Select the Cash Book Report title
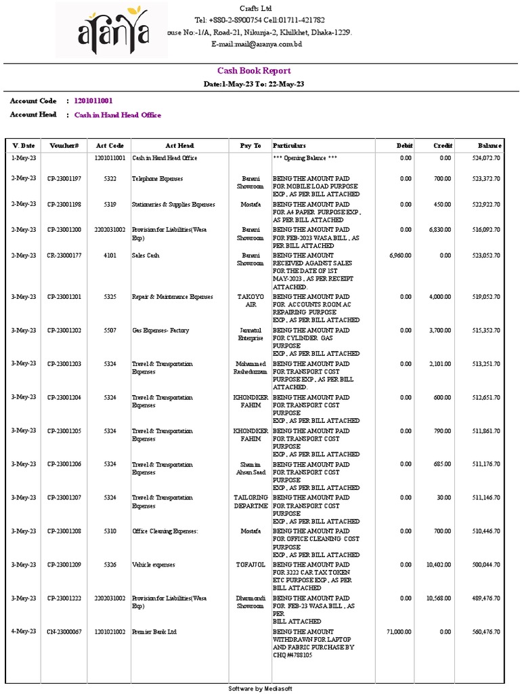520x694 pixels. click(x=254, y=70)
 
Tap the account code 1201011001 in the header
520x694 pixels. click(x=93, y=101)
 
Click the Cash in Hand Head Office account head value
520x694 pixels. click(x=118, y=115)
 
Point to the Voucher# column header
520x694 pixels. click(x=64, y=146)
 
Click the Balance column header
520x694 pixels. click(x=489, y=146)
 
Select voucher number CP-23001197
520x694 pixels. click(x=64, y=179)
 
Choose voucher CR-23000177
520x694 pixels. click(x=64, y=256)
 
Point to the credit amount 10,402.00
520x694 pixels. click(x=438, y=565)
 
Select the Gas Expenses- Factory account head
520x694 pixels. click(x=160, y=330)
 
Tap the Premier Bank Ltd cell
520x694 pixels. click(x=154, y=632)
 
